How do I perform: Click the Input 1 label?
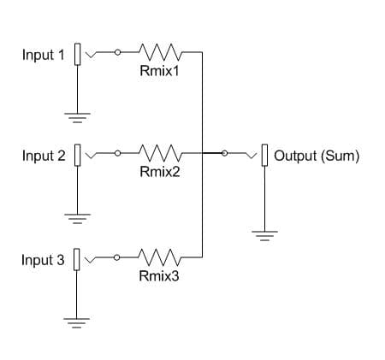click(43, 55)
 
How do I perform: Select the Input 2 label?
click(43, 156)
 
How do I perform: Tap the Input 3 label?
click(43, 260)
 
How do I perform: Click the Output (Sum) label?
click(317, 156)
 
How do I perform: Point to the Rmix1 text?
click(158, 70)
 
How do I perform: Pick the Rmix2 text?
click(158, 172)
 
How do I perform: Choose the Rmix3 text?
click(158, 275)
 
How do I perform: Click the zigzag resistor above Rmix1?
click(158, 52)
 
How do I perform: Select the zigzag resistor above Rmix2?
click(158, 154)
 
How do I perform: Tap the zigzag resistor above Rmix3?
click(158, 257)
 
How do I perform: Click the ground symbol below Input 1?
click(78, 115)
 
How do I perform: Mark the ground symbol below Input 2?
click(78, 218)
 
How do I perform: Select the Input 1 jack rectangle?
click(78, 54)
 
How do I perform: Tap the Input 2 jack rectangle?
click(78, 156)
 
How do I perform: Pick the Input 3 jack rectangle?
click(78, 259)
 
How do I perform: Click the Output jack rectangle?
click(265, 156)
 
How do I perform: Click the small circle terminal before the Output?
click(225, 154)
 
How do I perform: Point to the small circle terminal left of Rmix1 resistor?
click(118, 51)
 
